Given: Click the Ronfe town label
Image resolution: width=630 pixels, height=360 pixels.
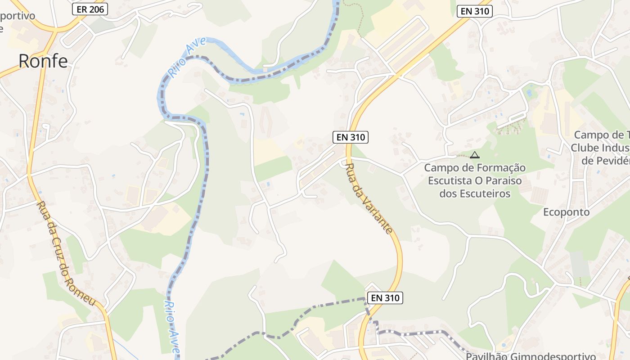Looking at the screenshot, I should click(43, 61).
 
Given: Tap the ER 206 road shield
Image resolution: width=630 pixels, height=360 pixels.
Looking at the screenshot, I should click(90, 9).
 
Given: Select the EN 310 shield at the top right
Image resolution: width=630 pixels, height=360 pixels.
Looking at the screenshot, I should click(474, 12).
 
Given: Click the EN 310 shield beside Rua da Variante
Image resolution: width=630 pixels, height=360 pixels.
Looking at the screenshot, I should click(351, 137).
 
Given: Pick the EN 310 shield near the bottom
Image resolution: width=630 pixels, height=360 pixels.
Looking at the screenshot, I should click(385, 297).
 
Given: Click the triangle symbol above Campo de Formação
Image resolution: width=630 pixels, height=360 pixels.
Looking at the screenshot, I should click(474, 155).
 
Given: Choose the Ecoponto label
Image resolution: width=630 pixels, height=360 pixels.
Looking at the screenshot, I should click(566, 212).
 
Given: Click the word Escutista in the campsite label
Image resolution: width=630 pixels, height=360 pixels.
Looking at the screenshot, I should click(450, 181).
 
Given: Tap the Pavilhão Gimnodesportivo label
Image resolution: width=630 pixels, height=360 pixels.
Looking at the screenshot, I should click(531, 356).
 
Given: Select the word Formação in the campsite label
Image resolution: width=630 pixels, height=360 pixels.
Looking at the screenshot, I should click(503, 168).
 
